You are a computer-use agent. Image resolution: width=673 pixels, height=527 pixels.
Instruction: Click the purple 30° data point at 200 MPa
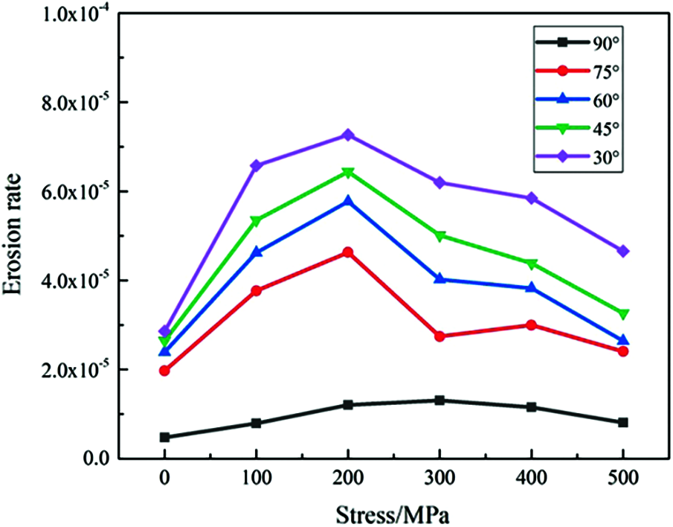[347, 135]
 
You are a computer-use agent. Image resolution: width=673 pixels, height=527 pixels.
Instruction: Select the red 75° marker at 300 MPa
[439, 336]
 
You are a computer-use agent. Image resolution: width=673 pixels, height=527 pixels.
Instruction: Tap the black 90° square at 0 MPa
[164, 437]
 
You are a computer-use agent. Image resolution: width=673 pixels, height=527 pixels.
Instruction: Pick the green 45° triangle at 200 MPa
[347, 173]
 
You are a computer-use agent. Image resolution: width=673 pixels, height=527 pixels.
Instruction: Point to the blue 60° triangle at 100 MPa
[257, 252]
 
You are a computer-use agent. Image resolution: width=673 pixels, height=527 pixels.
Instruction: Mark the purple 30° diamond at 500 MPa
[623, 251]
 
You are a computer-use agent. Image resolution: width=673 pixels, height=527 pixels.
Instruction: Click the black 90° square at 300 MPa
[439, 400]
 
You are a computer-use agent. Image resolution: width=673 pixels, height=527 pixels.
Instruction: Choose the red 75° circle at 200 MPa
[347, 252]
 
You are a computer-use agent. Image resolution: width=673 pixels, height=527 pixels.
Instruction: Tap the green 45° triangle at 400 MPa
[532, 264]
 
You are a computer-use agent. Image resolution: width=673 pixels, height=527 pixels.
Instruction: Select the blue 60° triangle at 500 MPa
[623, 340]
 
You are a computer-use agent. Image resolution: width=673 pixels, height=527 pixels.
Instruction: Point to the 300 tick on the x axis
[439, 481]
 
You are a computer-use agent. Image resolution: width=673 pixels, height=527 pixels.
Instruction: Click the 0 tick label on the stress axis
[164, 481]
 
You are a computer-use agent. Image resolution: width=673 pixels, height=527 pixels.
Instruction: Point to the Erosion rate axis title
[16, 234]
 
